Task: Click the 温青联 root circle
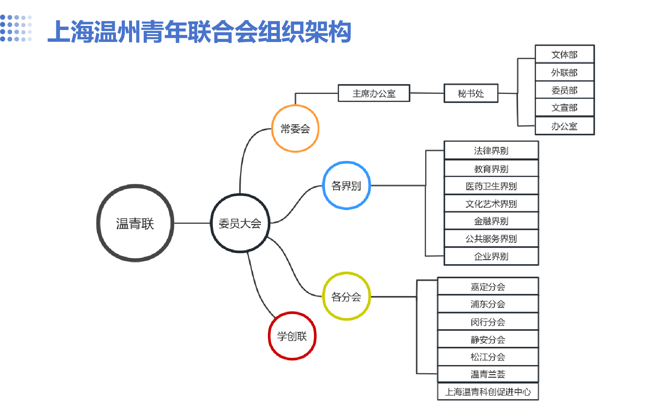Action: point(135,223)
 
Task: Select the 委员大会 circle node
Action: point(240,223)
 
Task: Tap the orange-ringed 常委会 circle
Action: point(295,129)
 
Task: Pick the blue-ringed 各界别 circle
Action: point(346,185)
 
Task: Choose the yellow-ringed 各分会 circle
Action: point(346,296)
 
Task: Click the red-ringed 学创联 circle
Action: point(292,336)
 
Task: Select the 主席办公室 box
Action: point(374,93)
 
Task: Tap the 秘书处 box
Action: point(471,93)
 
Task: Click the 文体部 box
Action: point(564,54)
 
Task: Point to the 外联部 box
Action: point(564,72)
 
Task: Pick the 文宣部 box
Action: point(564,108)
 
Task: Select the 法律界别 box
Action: point(491,150)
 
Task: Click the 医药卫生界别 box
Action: point(491,186)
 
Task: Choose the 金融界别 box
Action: point(491,221)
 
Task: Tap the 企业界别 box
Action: point(491,256)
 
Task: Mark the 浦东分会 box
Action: point(488,304)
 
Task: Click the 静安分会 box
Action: point(488,339)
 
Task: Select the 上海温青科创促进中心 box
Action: point(488,392)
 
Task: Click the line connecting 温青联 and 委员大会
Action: point(192,223)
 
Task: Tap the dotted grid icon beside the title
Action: point(16,29)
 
